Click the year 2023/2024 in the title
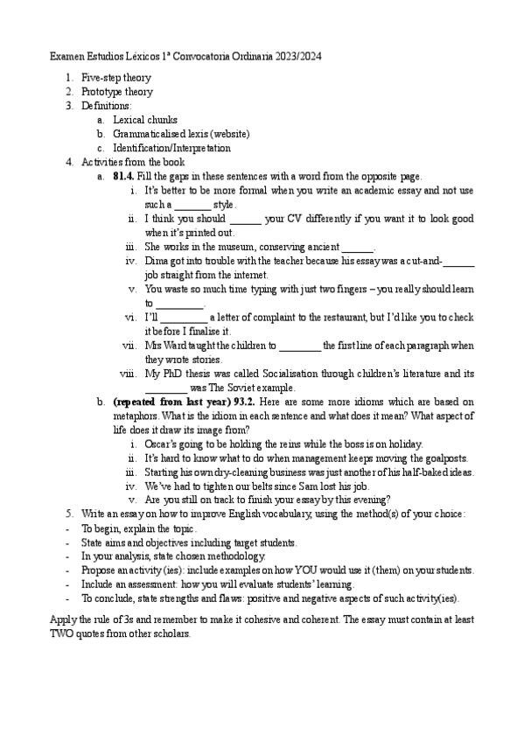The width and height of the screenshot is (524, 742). (x=298, y=56)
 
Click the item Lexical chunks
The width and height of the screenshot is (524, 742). (x=144, y=120)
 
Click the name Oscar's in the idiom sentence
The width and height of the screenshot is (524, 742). (x=160, y=444)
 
